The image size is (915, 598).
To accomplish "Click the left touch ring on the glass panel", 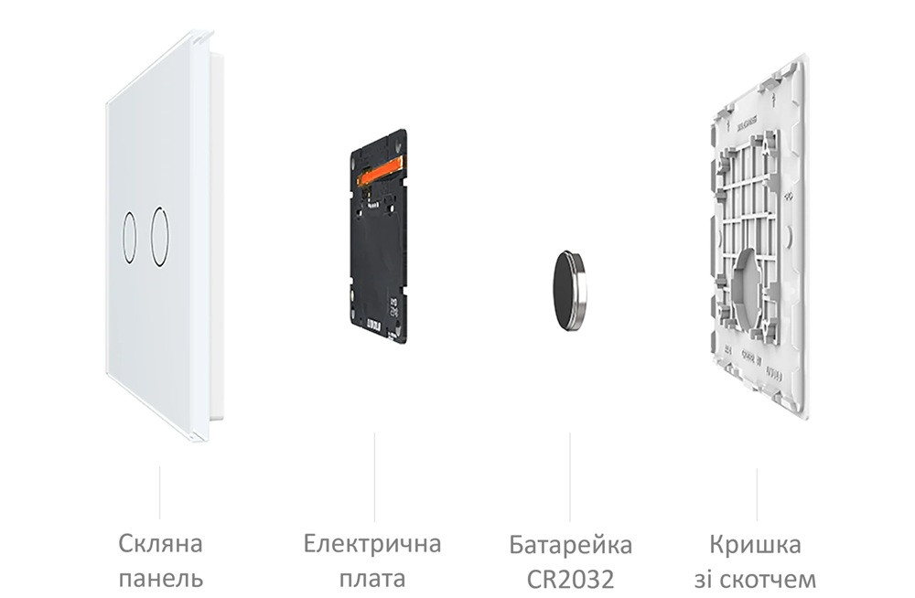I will pos(129,236).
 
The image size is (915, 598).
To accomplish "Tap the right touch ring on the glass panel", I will pos(160,237).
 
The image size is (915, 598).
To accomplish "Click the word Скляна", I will pos(160,545).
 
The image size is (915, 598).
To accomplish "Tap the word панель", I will pos(160,579).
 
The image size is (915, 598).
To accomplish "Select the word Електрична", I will pos(372,545).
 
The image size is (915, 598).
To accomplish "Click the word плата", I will pos(372,580).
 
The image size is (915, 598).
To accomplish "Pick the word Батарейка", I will pos(570,546).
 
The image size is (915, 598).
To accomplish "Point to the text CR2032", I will pos(570,580).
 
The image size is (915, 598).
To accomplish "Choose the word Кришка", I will pos(755,546).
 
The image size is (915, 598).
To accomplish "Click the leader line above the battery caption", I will pos(570,475).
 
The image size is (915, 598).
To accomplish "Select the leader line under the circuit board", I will pos(373,475).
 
